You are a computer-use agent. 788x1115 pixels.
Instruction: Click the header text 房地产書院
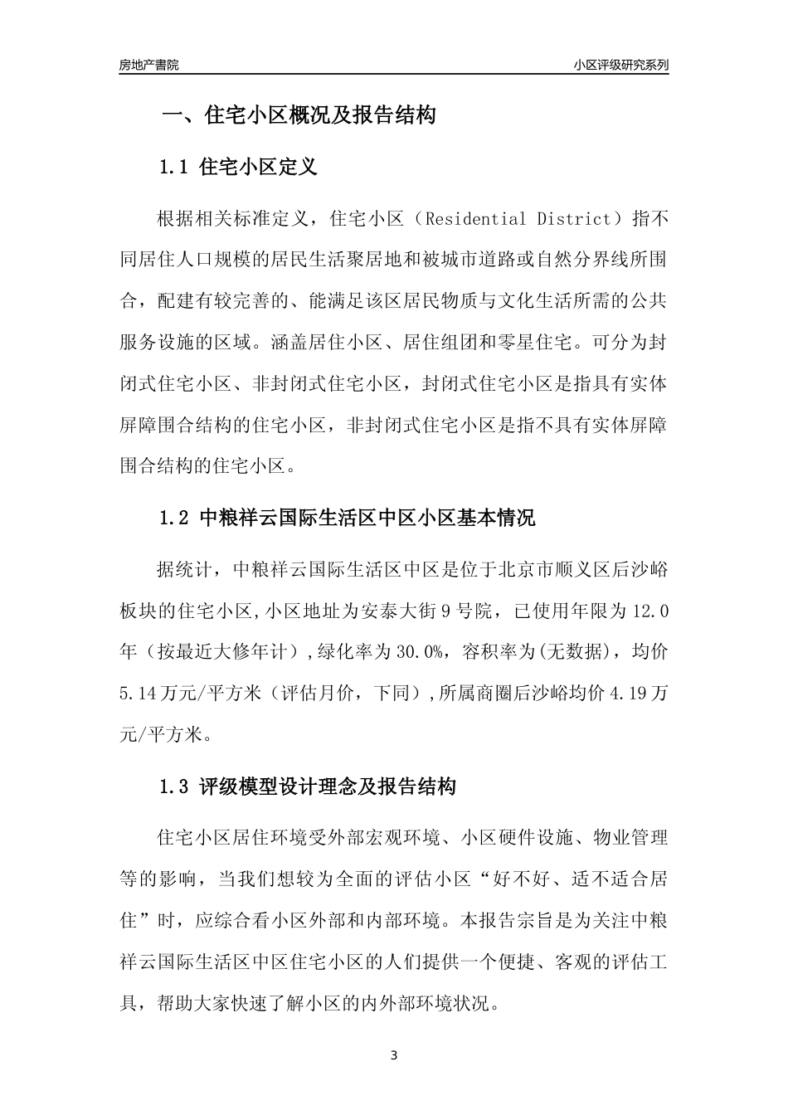(148, 65)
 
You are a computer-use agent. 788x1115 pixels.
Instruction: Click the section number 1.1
(175, 167)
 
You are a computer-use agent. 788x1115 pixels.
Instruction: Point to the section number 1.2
(175, 519)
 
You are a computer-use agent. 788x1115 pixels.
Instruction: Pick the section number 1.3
(175, 786)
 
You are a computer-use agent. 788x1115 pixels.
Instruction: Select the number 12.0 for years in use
(650, 612)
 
